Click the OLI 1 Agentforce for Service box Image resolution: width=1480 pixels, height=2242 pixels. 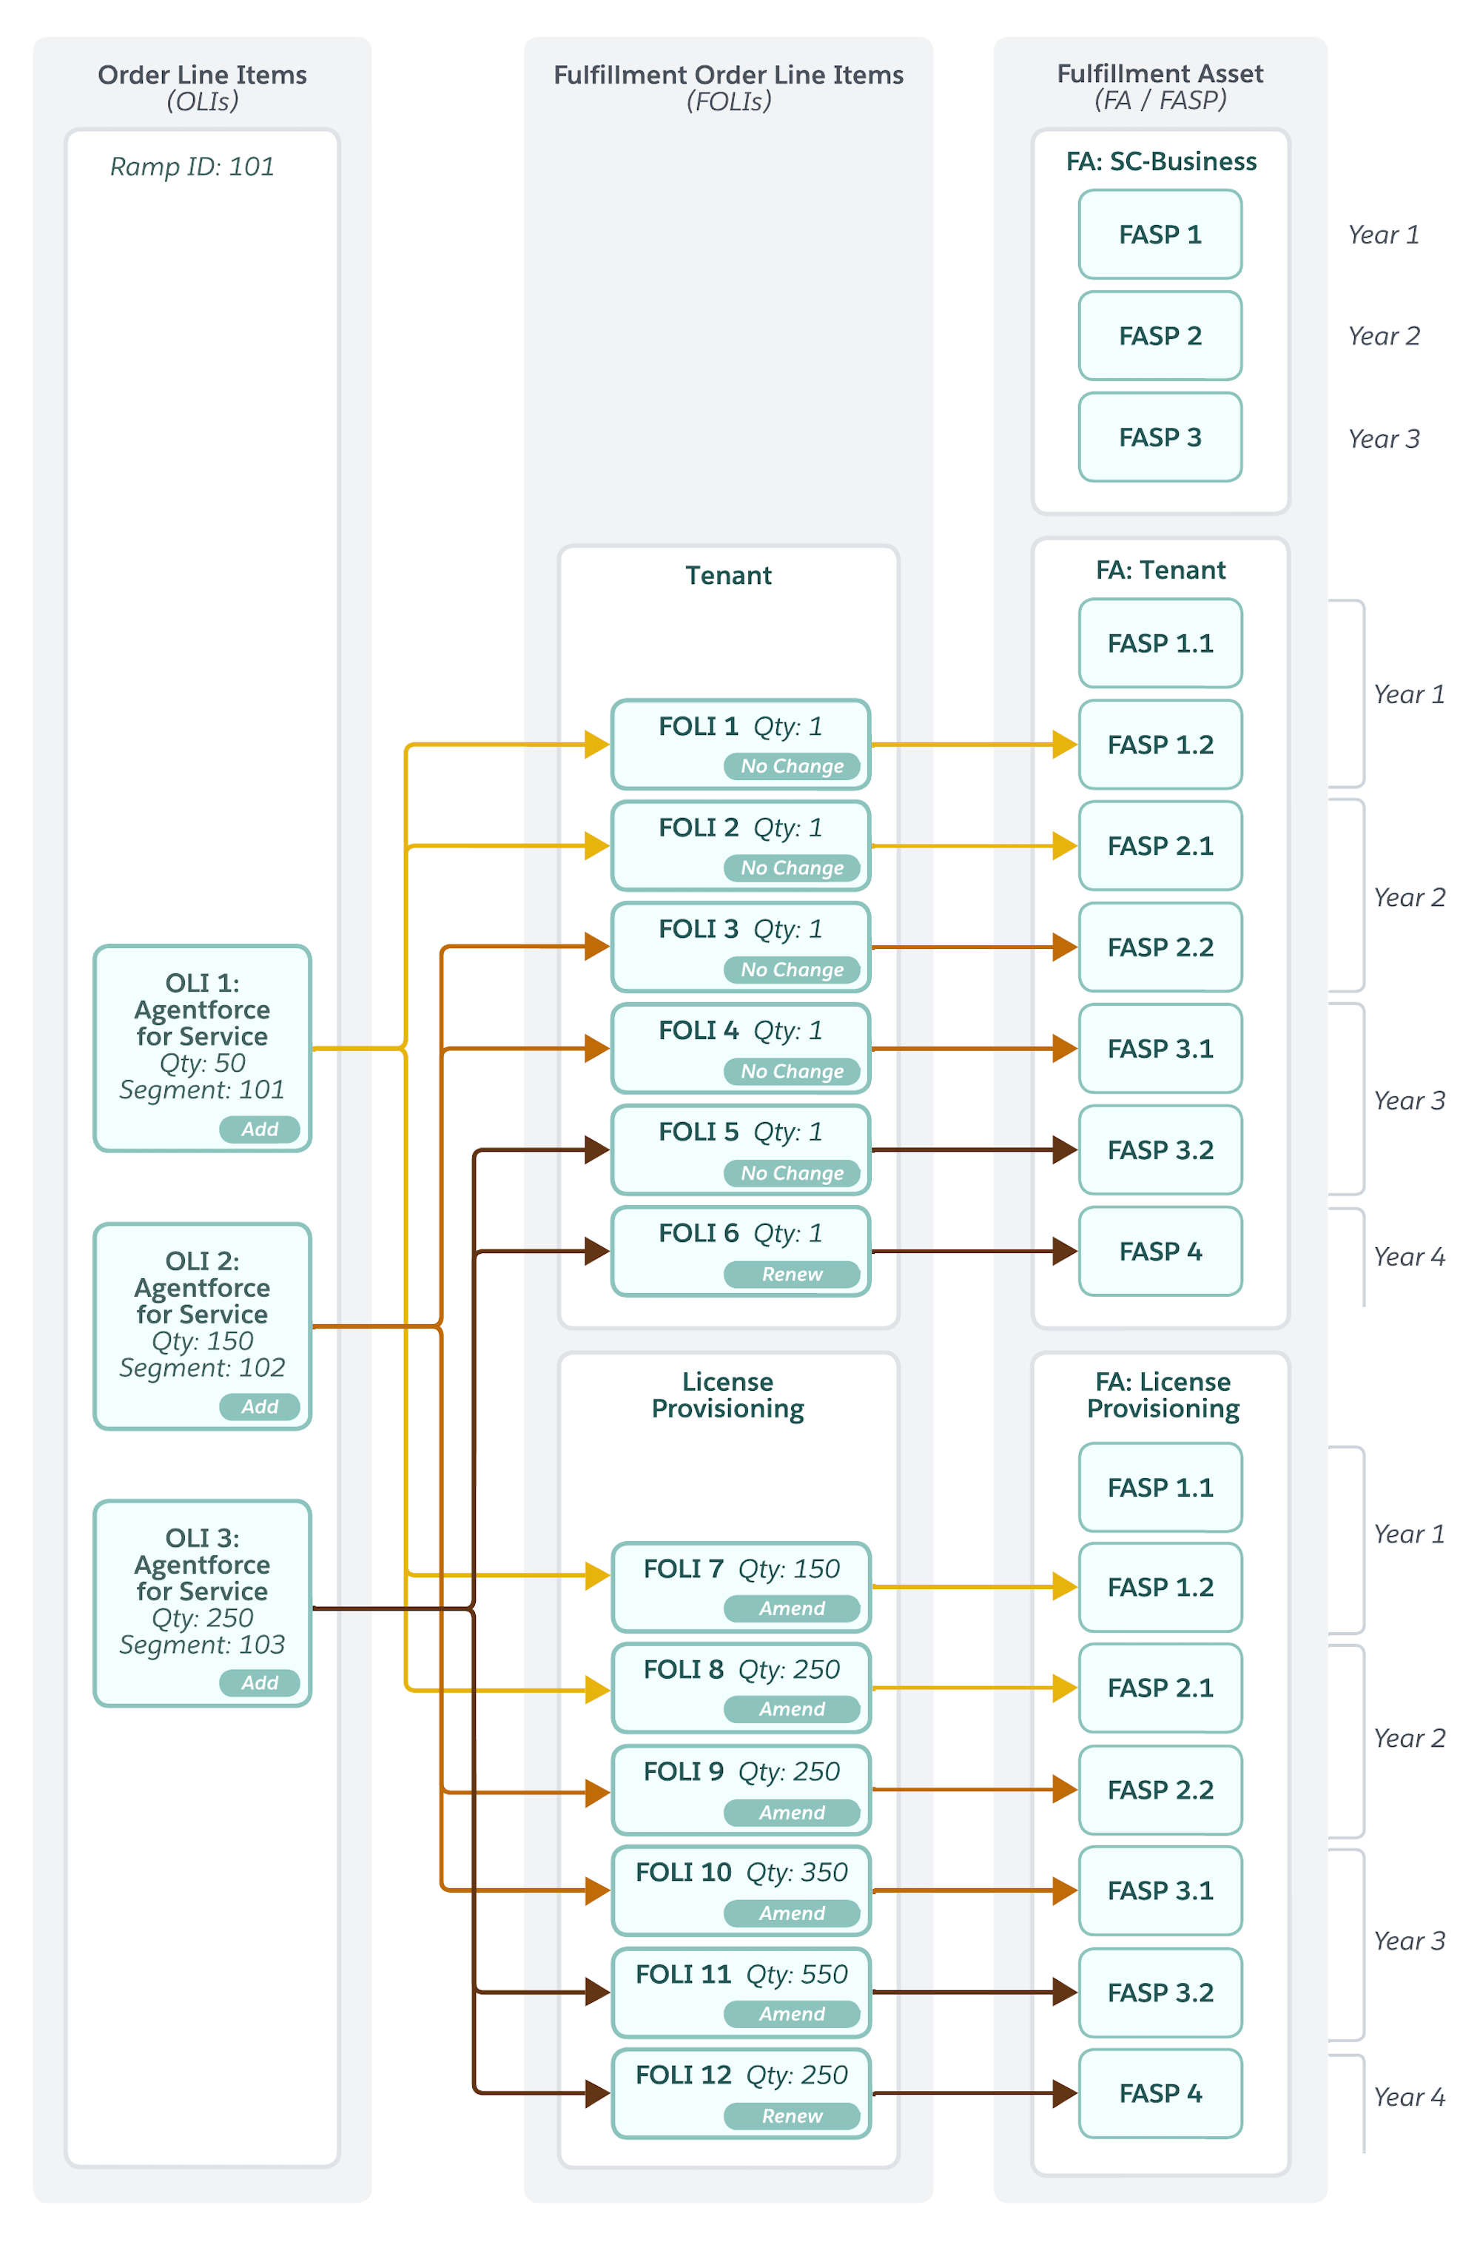202,1048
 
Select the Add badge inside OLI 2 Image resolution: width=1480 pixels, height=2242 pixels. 260,1406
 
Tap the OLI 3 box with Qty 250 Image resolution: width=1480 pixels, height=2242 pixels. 202,1603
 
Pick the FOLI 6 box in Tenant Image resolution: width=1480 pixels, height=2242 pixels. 741,1251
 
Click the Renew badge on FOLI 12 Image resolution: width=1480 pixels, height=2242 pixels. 792,2115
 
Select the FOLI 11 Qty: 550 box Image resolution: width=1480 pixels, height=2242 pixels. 741,1992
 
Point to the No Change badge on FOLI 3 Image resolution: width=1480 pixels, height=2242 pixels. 792,970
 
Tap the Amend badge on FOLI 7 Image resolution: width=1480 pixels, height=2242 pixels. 792,1608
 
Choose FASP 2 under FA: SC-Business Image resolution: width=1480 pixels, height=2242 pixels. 1160,336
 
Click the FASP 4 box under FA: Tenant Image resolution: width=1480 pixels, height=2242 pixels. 1160,1251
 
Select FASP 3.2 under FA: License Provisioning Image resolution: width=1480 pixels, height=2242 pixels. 1160,1992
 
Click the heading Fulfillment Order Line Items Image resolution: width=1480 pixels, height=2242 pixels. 729,75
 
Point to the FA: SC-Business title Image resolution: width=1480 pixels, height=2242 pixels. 1161,161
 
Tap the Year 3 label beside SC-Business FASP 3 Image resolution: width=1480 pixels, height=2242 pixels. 1384,439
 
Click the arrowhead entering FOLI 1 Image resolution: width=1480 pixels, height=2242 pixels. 596,744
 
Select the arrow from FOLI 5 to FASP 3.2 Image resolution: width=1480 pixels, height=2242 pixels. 974,1149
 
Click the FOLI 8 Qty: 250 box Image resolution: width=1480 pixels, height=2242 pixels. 741,1687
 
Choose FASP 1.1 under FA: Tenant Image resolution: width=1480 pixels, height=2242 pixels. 1160,643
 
